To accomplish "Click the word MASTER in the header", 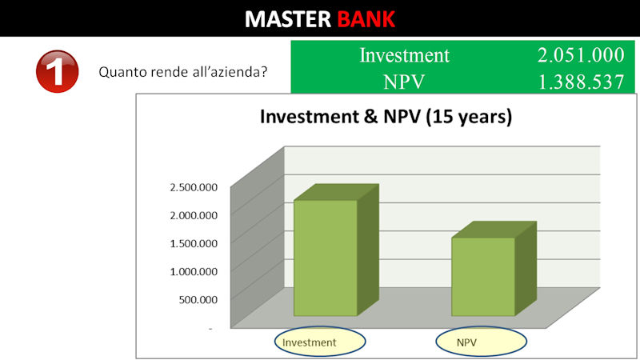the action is [288, 18].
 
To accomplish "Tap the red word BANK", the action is [366, 18].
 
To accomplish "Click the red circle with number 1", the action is [57, 71].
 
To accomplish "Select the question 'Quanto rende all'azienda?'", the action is [183, 72].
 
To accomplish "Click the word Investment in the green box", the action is [404, 55].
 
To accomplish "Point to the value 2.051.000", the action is [581, 55].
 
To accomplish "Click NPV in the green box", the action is [404, 82].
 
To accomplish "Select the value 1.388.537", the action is [582, 82].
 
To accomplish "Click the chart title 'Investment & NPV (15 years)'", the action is [386, 117].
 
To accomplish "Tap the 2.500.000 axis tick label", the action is [194, 187].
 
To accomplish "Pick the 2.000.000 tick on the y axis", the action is [194, 215].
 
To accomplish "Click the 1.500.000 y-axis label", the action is [194, 243].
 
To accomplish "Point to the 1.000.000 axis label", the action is [194, 271].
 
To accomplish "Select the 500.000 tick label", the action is [198, 299].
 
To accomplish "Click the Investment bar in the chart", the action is [326, 257].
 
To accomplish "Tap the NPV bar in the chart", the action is [483, 276].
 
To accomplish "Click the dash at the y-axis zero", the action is [210, 328].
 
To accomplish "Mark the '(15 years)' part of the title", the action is [469, 117].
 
